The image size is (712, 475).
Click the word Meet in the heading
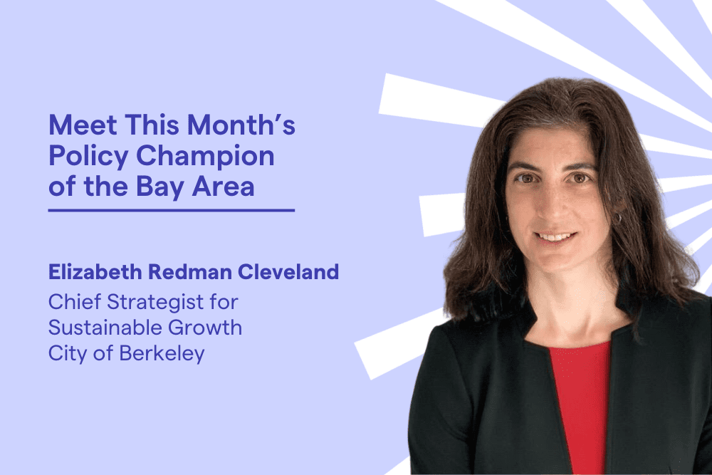point(83,125)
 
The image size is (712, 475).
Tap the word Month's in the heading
point(241,125)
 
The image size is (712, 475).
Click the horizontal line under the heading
point(172,210)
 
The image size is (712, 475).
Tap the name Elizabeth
point(95,271)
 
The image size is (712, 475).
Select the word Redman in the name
point(190,271)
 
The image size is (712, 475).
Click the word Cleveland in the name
point(288,271)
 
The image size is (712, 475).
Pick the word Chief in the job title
point(75,301)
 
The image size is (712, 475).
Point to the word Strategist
point(155,303)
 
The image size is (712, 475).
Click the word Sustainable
point(105,328)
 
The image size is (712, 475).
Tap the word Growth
point(205,328)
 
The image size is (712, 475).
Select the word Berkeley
point(162,354)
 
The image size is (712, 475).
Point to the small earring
point(617,218)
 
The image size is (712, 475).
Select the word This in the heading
point(153,125)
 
